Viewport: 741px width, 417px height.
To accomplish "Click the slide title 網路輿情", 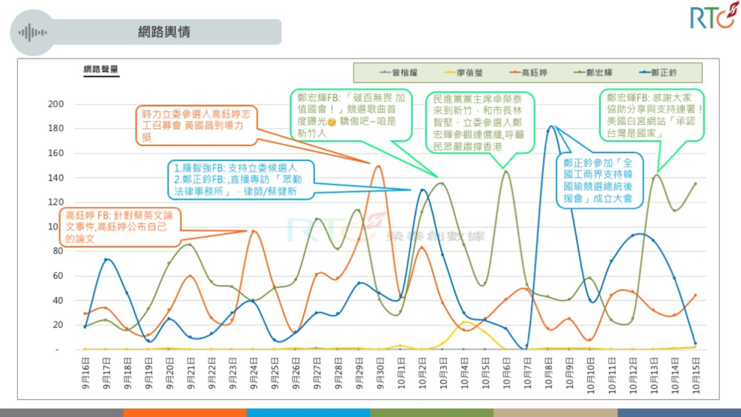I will (164, 32).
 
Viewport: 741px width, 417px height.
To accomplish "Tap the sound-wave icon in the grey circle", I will (32, 33).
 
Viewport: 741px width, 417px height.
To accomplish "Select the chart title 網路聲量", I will (101, 69).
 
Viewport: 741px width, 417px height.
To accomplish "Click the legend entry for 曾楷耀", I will (399, 73).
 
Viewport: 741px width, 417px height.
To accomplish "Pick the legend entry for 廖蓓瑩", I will (464, 73).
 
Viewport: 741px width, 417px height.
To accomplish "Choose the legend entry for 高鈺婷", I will (529, 73).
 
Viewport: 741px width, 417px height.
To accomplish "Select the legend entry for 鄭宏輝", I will (593, 73).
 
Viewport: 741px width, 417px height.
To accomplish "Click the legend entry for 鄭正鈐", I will (659, 73).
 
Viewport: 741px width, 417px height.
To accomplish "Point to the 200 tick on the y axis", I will (56, 104).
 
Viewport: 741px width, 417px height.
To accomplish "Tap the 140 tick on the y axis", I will (56, 178).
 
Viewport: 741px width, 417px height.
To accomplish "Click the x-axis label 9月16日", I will (86, 374).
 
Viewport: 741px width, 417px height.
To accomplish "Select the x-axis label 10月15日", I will (696, 375).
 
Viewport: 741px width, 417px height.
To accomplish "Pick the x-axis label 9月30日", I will (380, 374).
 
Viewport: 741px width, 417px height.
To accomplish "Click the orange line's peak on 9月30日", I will (379, 167).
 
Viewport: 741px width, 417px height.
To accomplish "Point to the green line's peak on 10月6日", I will (506, 171).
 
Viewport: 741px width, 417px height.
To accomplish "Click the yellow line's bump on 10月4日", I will (464, 322).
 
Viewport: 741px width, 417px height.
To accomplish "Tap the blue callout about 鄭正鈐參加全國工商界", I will (598, 181).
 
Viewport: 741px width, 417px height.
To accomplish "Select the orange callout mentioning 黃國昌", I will (196, 125).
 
